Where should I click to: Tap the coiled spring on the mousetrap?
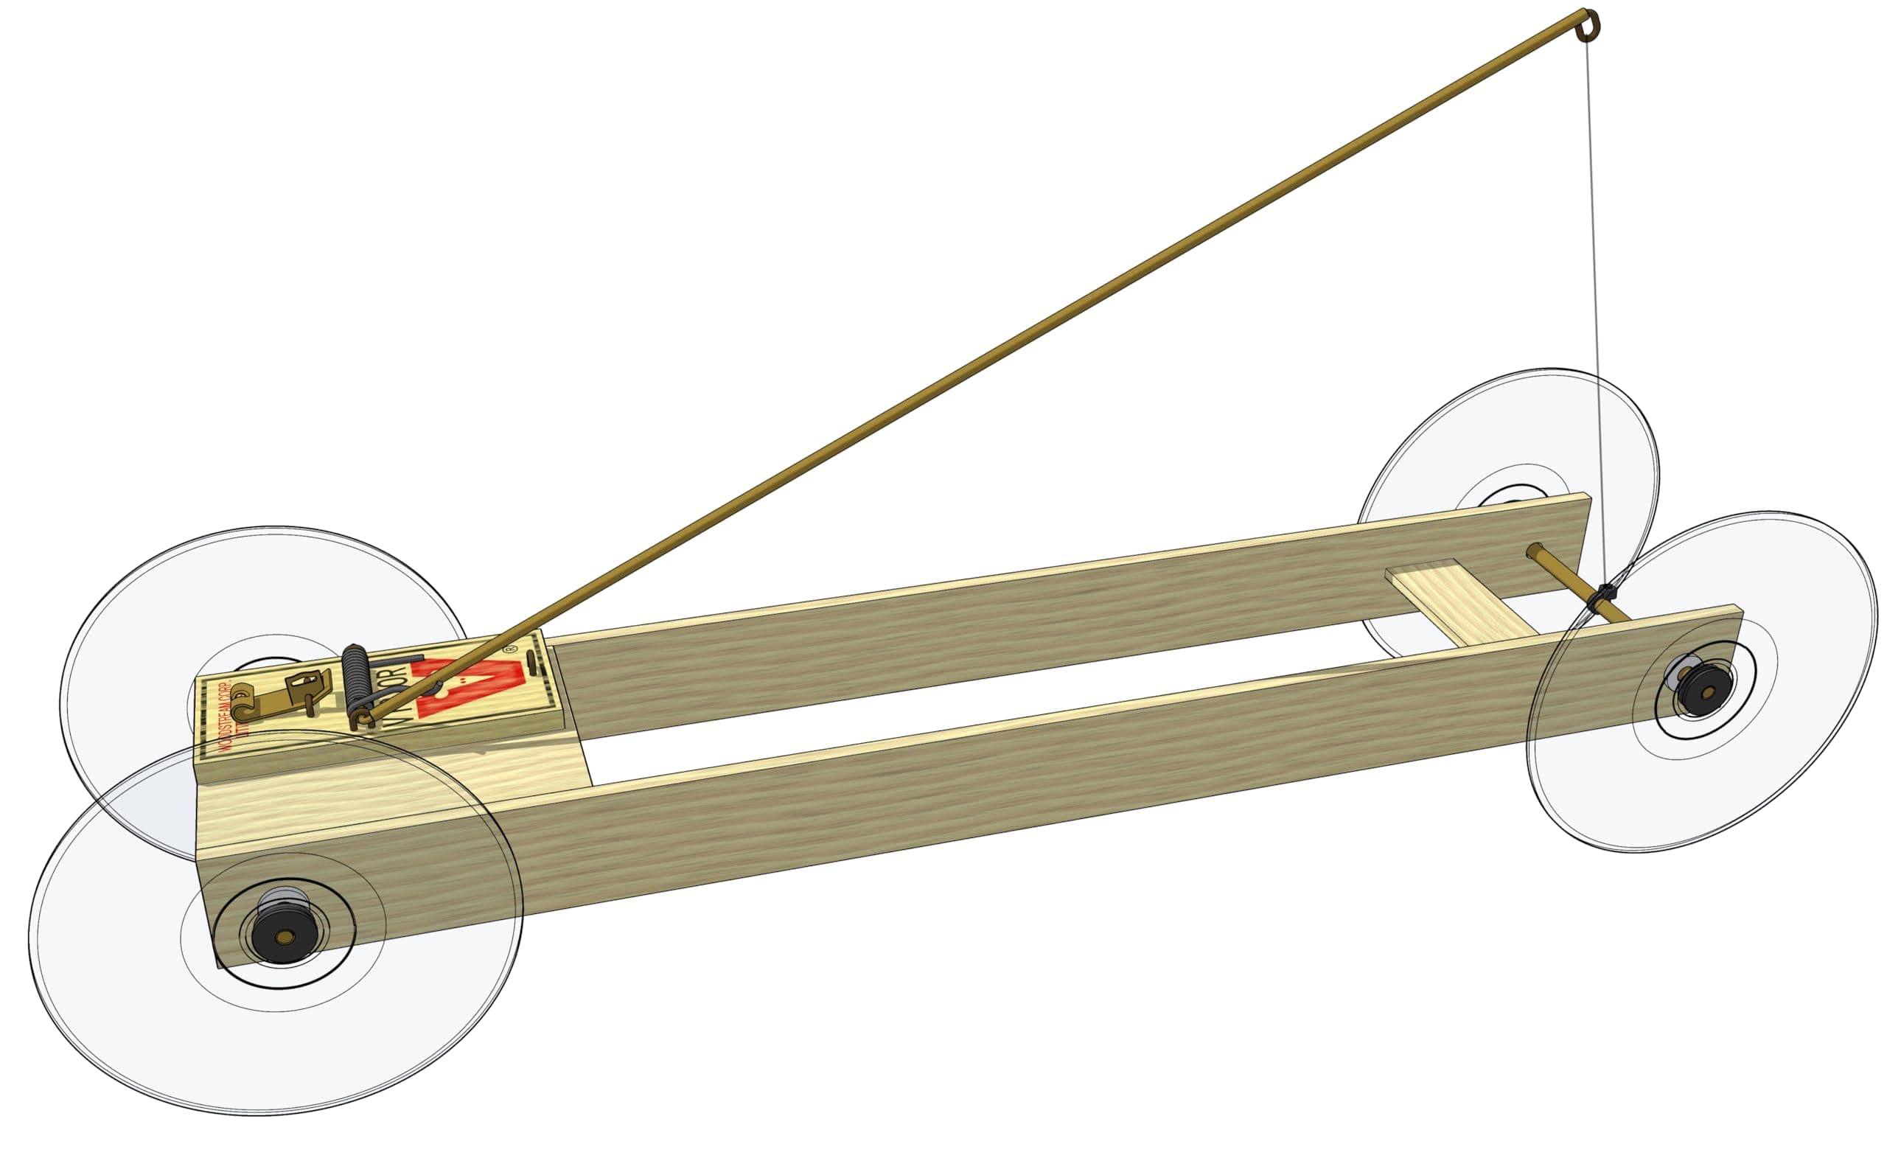coord(357,675)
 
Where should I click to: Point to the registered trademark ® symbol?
coord(509,647)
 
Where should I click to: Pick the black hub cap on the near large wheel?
coord(284,935)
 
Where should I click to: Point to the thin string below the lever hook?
coord(1596,311)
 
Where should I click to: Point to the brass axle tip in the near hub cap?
coord(285,937)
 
